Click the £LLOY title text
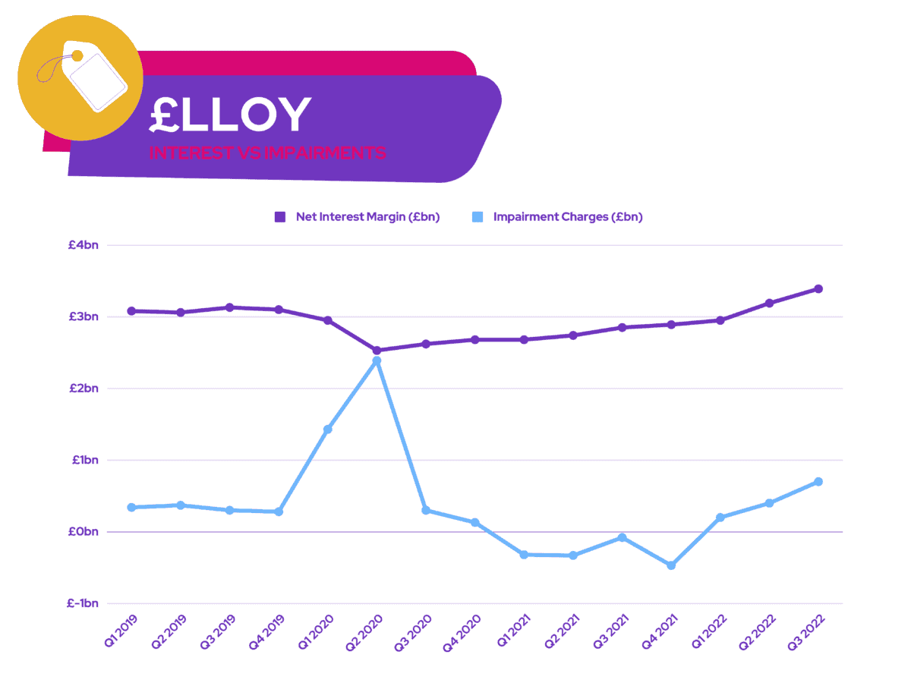coord(230,115)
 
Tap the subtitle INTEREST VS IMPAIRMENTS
coord(267,153)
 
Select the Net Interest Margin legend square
coord(280,217)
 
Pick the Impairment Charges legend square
coord(477,217)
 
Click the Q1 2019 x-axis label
coord(120,630)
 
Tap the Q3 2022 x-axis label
coord(807,630)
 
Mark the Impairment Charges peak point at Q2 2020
coord(377,360)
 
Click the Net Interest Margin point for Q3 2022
coord(818,288)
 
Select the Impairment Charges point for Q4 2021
coord(671,565)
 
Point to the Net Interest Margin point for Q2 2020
coord(377,351)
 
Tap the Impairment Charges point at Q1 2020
coord(328,430)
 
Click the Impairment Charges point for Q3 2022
coord(818,482)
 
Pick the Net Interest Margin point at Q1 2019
coord(131,310)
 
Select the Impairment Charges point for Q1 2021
coord(524,555)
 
